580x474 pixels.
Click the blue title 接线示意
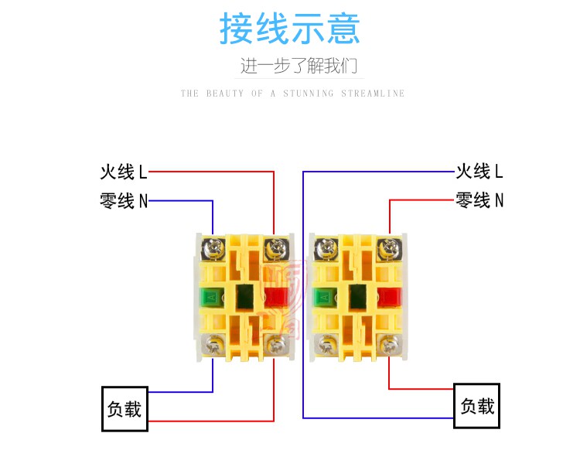pyautogui.click(x=290, y=29)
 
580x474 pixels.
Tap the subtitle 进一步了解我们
pyautogui.click(x=299, y=66)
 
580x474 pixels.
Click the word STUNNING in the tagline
pyautogui.click(x=309, y=93)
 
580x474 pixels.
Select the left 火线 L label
pyautogui.click(x=124, y=172)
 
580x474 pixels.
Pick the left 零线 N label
pyautogui.click(x=124, y=201)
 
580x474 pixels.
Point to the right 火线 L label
pyautogui.click(x=479, y=172)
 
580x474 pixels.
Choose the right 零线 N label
pyautogui.click(x=479, y=200)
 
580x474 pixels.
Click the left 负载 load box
pyautogui.click(x=125, y=409)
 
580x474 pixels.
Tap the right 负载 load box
pyautogui.click(x=477, y=406)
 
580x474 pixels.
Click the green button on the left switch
pyautogui.click(x=212, y=297)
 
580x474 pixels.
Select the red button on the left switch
pyautogui.click(x=276, y=297)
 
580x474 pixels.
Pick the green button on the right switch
pyautogui.click(x=325, y=297)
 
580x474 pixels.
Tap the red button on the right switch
pyautogui.click(x=389, y=297)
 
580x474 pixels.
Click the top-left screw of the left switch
pyautogui.click(x=213, y=248)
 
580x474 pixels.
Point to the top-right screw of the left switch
pyautogui.click(x=275, y=248)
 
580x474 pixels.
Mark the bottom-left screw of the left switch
pyautogui.click(x=213, y=346)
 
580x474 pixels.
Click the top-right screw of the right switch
pyautogui.click(x=389, y=248)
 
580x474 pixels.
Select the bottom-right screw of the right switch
pyautogui.click(x=389, y=346)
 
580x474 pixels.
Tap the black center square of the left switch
pyautogui.click(x=244, y=296)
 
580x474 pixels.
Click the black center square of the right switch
pyautogui.click(x=358, y=296)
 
